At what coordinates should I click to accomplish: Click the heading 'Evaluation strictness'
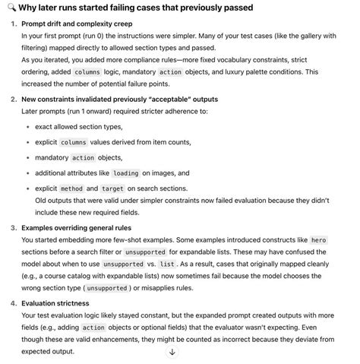point(60,302)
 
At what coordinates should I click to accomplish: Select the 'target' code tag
point(114,188)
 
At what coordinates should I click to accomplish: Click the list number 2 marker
point(14,99)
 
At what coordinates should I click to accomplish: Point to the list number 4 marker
point(14,302)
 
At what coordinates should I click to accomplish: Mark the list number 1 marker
point(14,24)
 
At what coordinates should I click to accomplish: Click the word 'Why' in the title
point(27,8)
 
